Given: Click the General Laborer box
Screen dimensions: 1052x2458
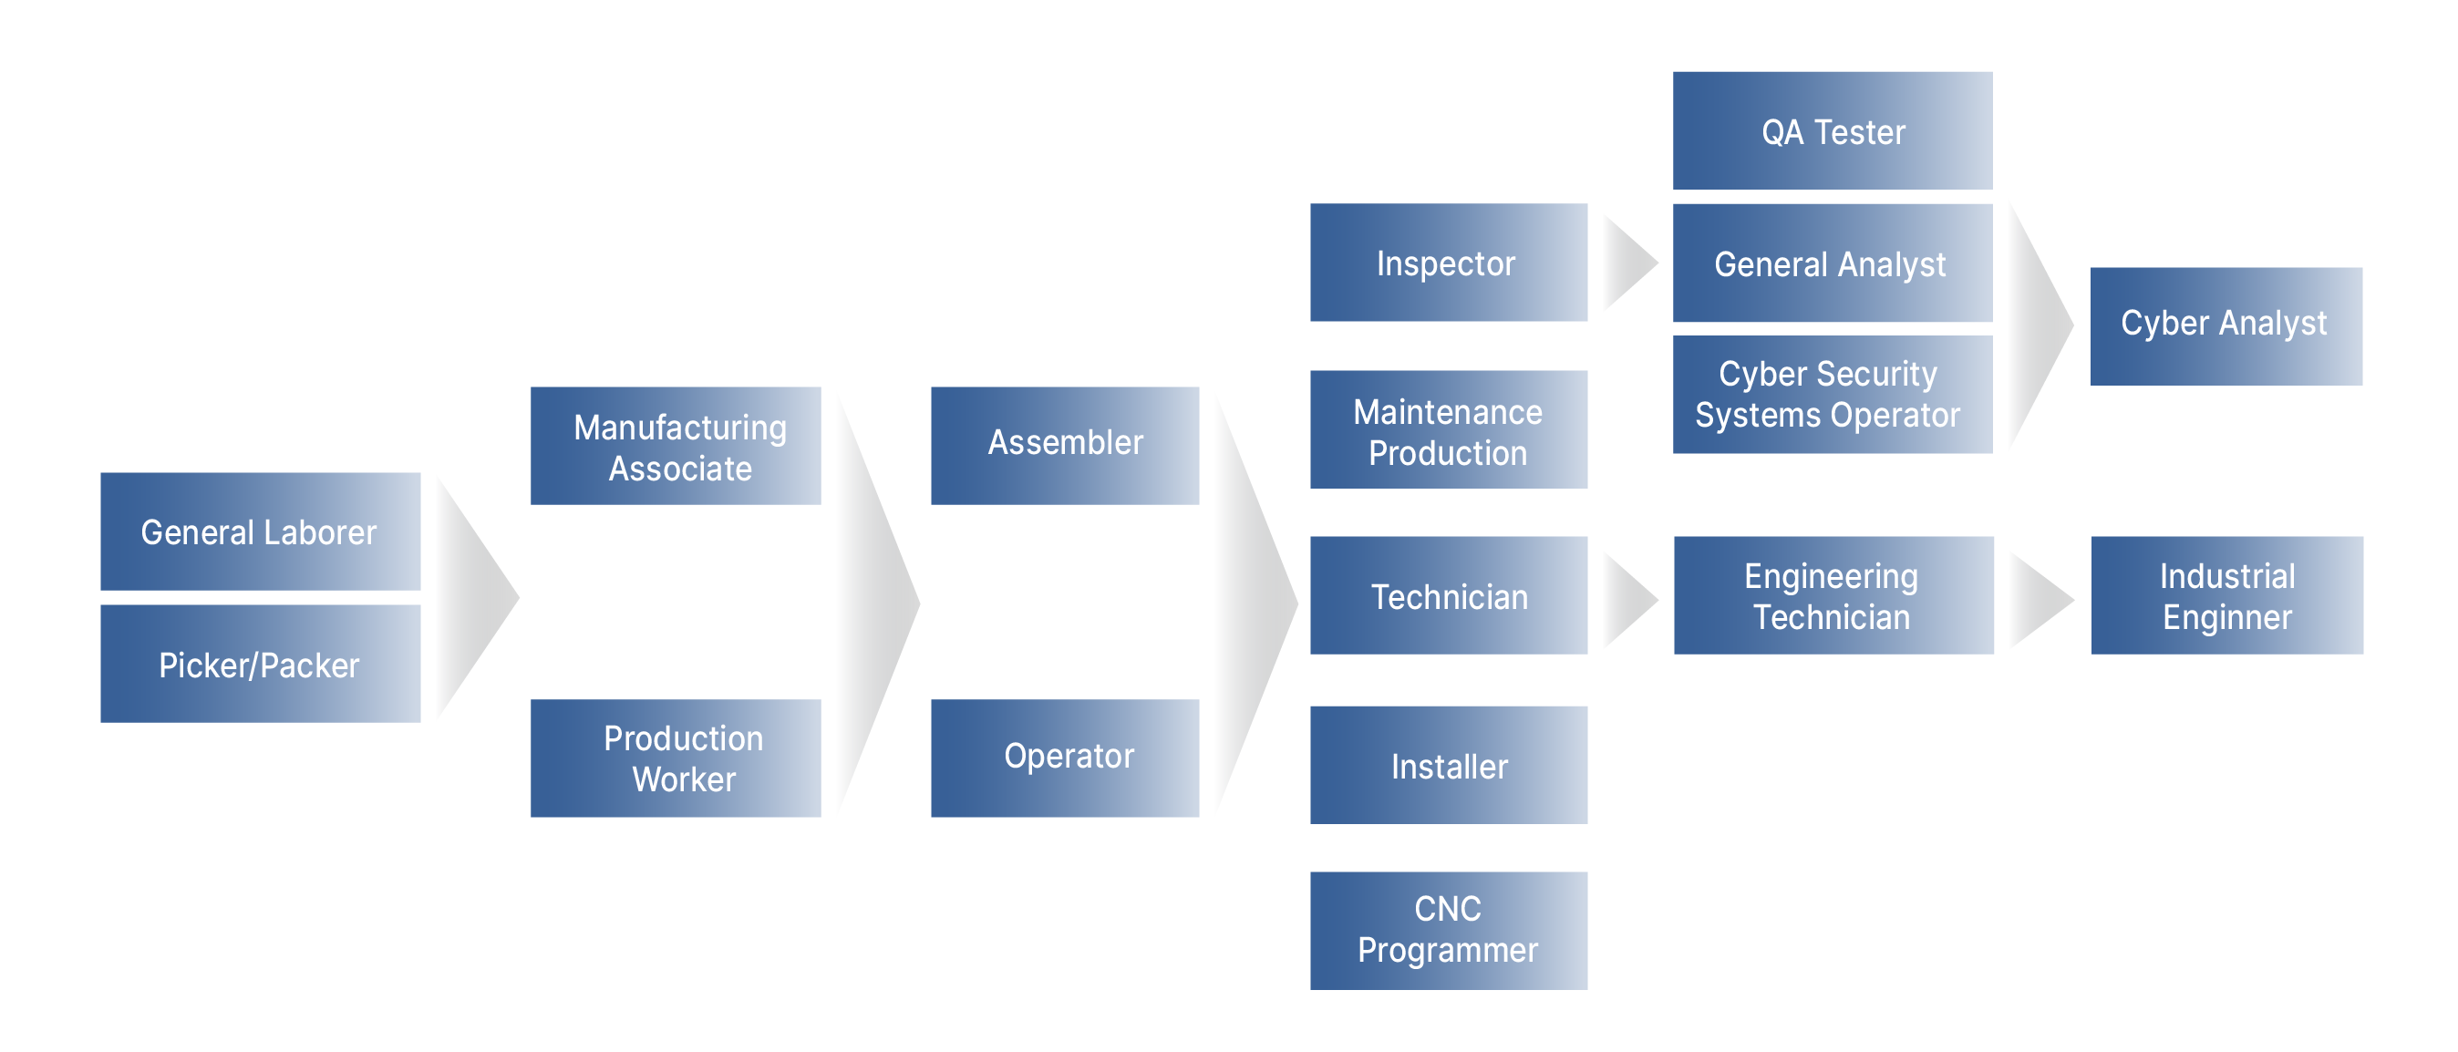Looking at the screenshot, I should (260, 531).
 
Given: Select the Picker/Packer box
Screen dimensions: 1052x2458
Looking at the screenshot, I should (260, 664).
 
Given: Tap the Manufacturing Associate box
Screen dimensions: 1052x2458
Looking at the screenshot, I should (676, 446).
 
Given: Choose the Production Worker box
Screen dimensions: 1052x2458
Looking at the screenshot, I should (676, 758).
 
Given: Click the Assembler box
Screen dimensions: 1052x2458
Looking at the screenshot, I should (1065, 446).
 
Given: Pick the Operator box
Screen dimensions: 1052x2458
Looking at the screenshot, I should (1065, 758).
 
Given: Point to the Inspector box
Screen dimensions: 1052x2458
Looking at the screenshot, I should (1449, 263).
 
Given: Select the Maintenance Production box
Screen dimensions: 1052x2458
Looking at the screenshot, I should (1449, 429).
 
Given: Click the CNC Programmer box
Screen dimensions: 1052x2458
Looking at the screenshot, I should (1449, 930).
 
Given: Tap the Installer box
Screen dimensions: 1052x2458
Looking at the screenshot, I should (1449, 765).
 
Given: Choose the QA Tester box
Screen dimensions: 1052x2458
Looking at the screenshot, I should (1832, 130).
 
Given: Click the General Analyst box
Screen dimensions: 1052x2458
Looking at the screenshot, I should (1832, 263).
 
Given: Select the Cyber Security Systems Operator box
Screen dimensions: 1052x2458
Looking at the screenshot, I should (1832, 395).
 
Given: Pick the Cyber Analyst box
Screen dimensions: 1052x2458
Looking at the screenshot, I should (2226, 326).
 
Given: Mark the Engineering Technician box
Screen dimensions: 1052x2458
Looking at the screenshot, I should (1833, 595).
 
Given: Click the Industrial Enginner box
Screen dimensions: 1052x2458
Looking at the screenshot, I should (2227, 595).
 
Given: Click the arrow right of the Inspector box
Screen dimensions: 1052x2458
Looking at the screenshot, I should (1627, 263).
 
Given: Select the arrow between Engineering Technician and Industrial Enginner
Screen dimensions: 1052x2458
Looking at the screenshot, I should (2036, 600).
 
